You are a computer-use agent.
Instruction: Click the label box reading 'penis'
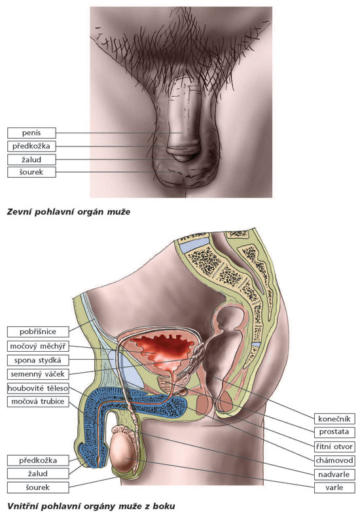[31, 133]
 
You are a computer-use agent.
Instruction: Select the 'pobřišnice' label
[38, 332]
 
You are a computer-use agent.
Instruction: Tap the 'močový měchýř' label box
[38, 346]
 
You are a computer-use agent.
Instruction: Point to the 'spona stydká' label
[38, 360]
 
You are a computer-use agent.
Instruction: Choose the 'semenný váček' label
[38, 374]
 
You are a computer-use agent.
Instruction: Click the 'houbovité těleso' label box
[38, 388]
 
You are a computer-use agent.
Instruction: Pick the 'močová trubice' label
[38, 402]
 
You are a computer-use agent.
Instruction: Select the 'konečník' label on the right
[334, 419]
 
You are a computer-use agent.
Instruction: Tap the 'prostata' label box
[334, 432]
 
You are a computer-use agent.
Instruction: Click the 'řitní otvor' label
[334, 447]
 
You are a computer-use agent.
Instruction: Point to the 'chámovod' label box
[334, 460]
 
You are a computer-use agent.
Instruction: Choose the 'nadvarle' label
[334, 474]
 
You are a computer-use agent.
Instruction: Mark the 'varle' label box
[334, 487]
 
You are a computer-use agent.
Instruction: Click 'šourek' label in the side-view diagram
[38, 487]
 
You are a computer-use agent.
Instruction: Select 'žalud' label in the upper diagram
[31, 160]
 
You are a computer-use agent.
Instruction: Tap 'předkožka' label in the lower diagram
[38, 460]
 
